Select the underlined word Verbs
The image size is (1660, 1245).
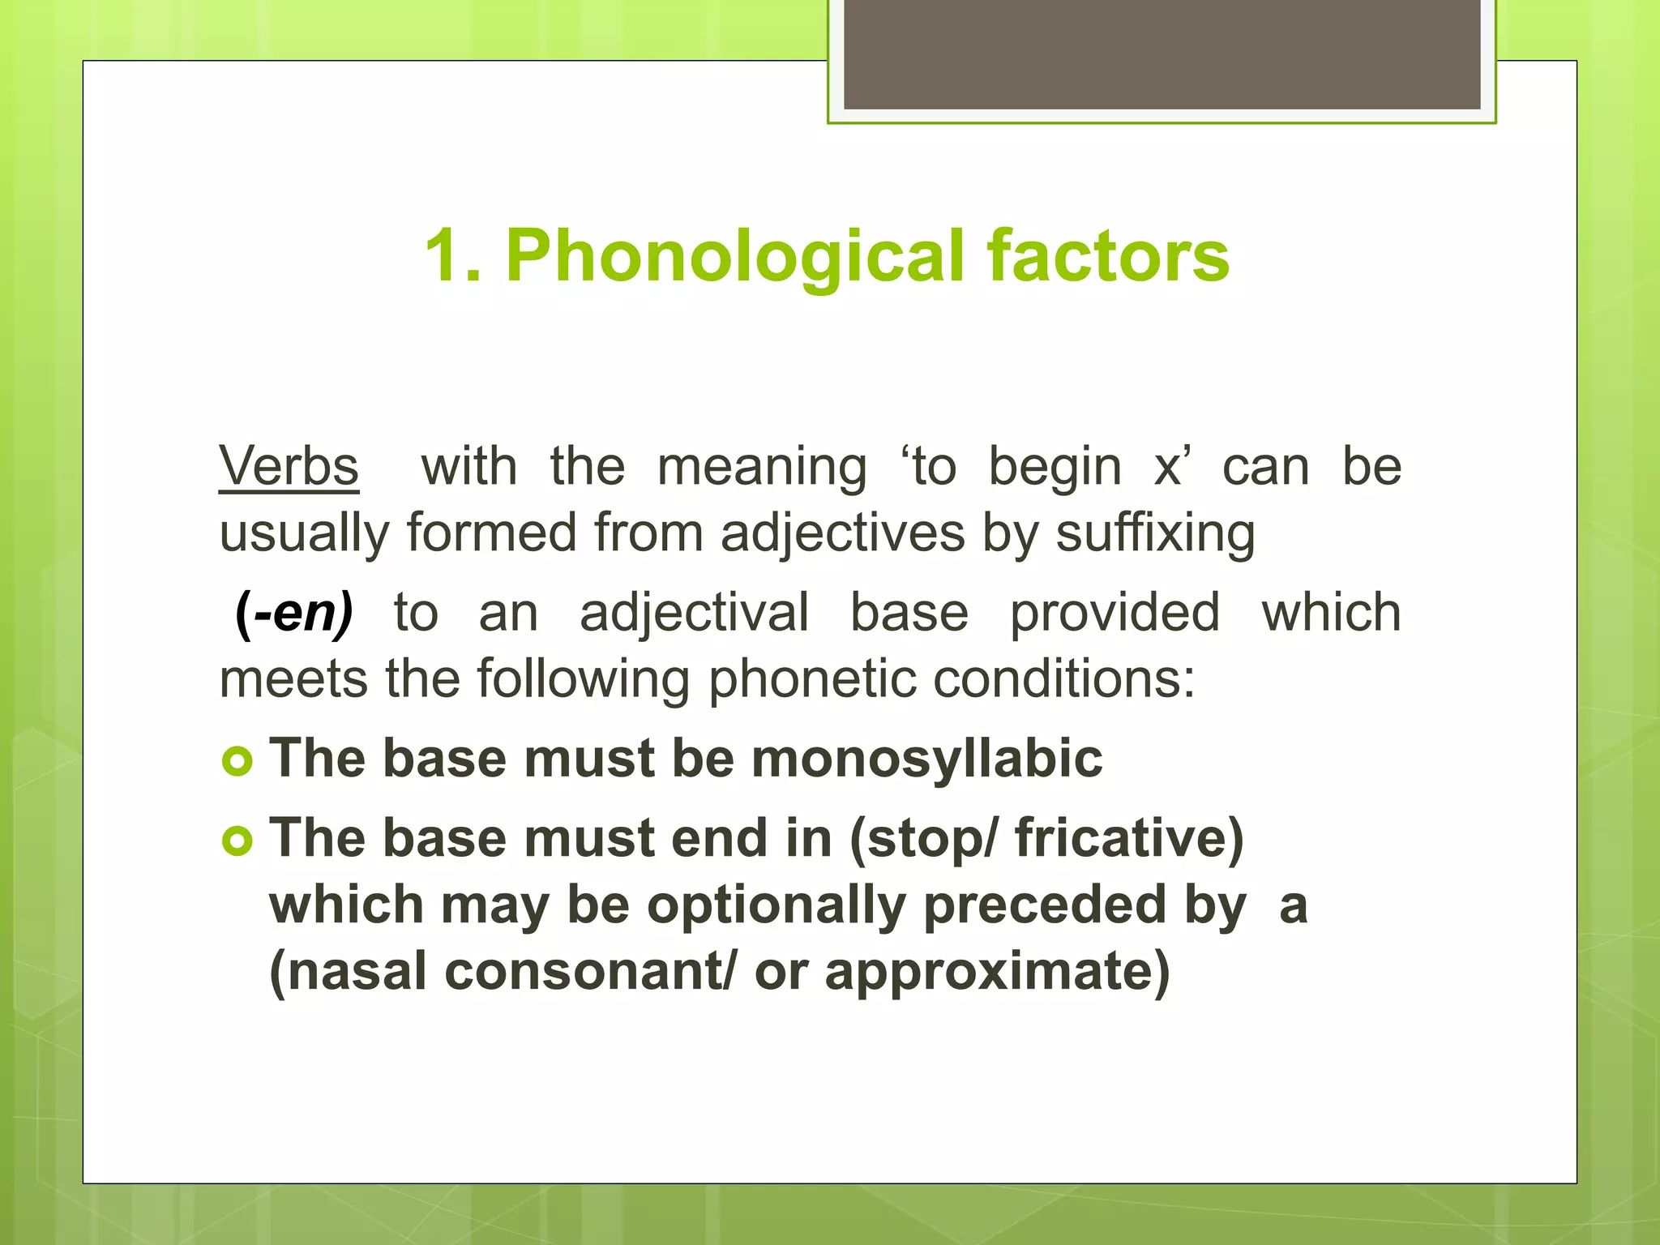coord(289,468)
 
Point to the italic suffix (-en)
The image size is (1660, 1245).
coord(294,614)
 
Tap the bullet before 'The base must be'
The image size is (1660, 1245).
coord(237,761)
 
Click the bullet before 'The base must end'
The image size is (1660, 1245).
coord(237,841)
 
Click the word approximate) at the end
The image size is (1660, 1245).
coord(997,972)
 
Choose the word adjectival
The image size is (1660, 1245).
coord(694,614)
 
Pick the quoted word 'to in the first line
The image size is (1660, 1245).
coord(928,468)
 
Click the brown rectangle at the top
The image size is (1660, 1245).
coord(1162,53)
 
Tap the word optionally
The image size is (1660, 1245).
coord(776,906)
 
